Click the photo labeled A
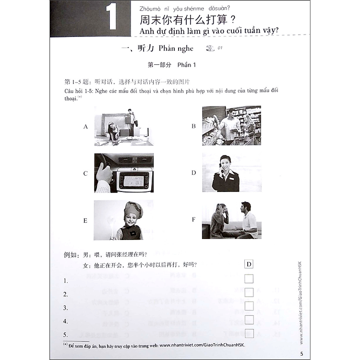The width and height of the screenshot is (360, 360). pyautogui.click(x=124, y=126)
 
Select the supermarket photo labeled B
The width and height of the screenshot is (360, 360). pyautogui.click(x=231, y=125)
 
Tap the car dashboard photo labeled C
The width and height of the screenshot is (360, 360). pyautogui.click(x=124, y=173)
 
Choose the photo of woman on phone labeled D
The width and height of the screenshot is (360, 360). pyautogui.click(x=231, y=173)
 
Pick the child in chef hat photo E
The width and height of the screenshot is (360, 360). pyautogui.click(x=124, y=220)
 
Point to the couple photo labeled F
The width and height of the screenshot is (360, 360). pyautogui.click(x=231, y=220)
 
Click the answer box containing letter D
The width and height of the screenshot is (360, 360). pyautogui.click(x=249, y=264)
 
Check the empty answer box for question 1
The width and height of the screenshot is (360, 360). pyautogui.click(x=249, y=278)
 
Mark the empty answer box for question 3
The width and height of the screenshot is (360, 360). pyautogui.click(x=249, y=306)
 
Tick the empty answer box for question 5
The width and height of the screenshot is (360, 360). pyautogui.click(x=249, y=333)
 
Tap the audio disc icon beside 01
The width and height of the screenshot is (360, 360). pyautogui.click(x=209, y=48)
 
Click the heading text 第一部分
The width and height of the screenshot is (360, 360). pyautogui.click(x=159, y=65)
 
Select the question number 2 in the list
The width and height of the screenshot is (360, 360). pyautogui.click(x=66, y=294)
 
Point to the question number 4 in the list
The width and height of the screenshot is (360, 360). pyautogui.click(x=66, y=321)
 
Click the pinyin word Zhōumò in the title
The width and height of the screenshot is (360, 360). pyautogui.click(x=151, y=7)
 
